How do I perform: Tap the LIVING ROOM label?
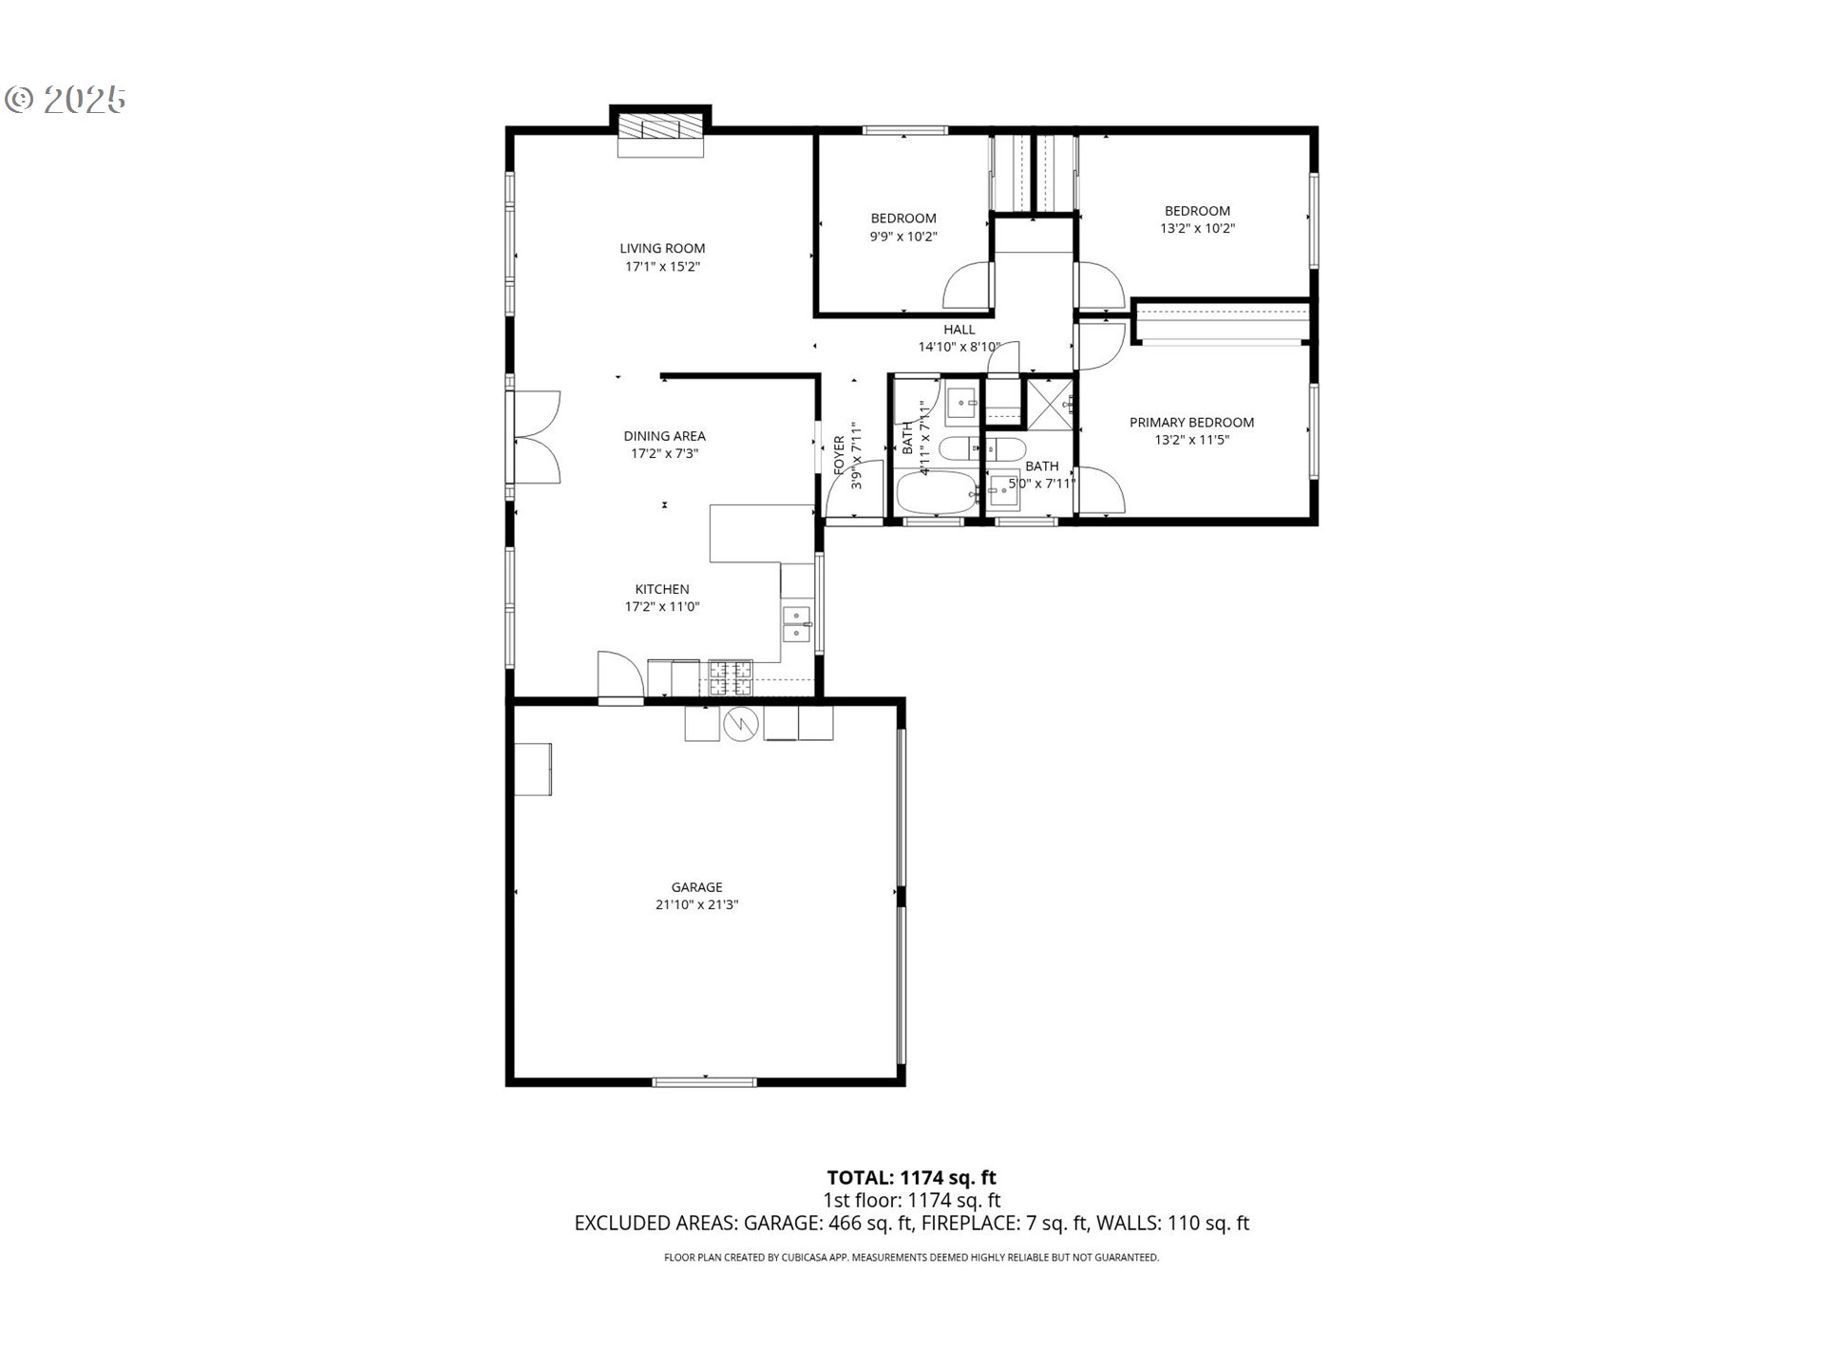coord(662,249)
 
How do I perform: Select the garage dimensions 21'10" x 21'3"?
coord(696,905)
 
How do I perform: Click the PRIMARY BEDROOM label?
coord(1191,423)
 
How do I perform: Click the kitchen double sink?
coord(796,623)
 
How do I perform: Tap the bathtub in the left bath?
coord(936,493)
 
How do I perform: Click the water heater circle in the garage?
coord(741,724)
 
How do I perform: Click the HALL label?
coord(959,330)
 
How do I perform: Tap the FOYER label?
coord(839,455)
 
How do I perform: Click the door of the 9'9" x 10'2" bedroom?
coord(969,285)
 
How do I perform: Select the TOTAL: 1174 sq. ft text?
coord(911,1178)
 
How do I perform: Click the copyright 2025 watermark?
coord(66,100)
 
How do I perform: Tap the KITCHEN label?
coord(662,589)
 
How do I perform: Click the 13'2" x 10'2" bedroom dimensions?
coord(1197,229)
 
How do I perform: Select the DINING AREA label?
coord(664,436)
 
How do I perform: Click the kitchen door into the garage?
coord(619,677)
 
